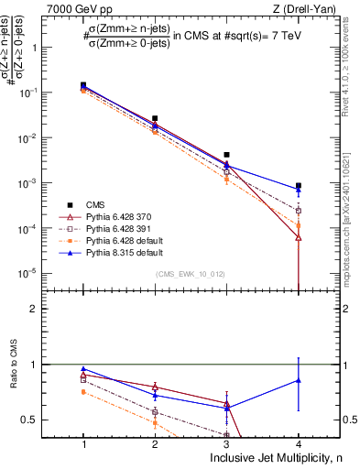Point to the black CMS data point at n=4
click(x=298, y=186)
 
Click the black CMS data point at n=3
click(x=226, y=155)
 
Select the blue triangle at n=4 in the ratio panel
click(x=298, y=380)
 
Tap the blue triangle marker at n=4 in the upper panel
click(x=298, y=190)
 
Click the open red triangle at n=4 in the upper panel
click(x=298, y=237)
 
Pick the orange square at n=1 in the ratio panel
click(x=83, y=392)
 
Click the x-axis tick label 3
click(x=226, y=443)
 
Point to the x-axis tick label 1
click(x=83, y=443)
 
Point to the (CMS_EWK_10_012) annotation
click(x=190, y=274)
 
